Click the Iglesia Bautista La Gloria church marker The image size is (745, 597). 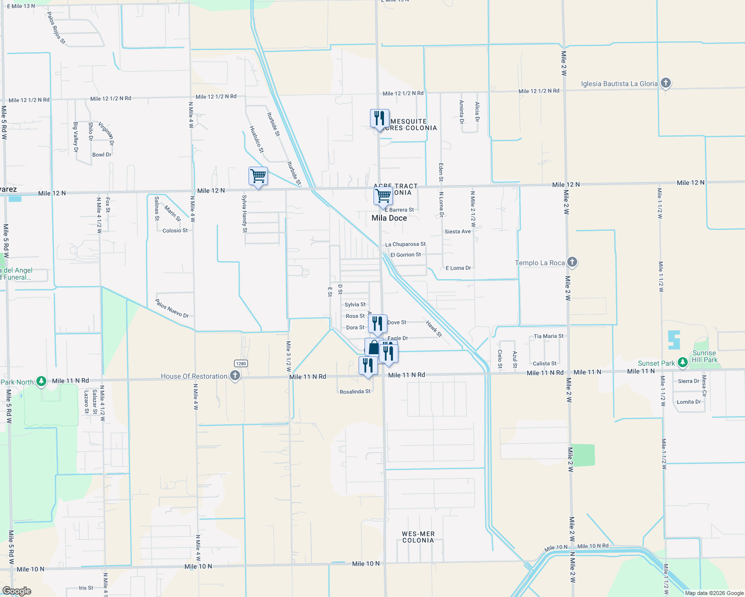pyautogui.click(x=666, y=83)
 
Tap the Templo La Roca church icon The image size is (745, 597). pyautogui.click(x=572, y=262)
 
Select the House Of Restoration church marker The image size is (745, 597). pyautogui.click(x=235, y=376)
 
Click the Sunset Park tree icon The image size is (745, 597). pyautogui.click(x=683, y=363)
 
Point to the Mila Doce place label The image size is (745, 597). pyautogui.click(x=389, y=218)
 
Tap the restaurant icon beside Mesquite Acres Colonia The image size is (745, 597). pyautogui.click(x=379, y=119)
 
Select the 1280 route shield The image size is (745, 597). pyautogui.click(x=241, y=363)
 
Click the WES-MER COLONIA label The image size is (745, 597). pyautogui.click(x=418, y=537)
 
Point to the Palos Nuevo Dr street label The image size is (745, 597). pyautogui.click(x=172, y=308)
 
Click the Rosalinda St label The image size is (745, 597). pyautogui.click(x=355, y=392)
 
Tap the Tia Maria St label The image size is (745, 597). pyautogui.click(x=548, y=336)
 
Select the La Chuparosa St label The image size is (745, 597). pyautogui.click(x=405, y=244)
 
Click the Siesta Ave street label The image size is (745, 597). pyautogui.click(x=457, y=232)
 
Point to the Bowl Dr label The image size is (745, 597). pyautogui.click(x=102, y=155)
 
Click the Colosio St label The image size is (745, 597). pyautogui.click(x=175, y=231)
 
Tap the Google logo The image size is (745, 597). pyautogui.click(x=16, y=591)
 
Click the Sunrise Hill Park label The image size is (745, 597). pyautogui.click(x=704, y=356)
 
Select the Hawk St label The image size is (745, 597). pyautogui.click(x=434, y=328)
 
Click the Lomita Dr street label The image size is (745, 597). pyautogui.click(x=688, y=402)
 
